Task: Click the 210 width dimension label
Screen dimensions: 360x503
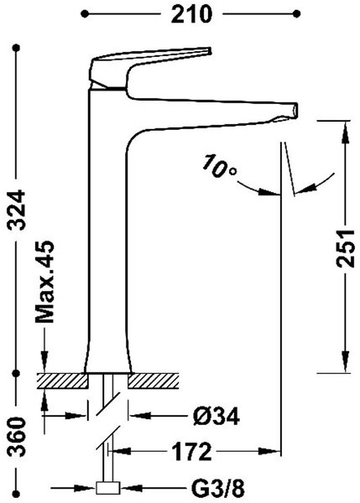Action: coord(191,14)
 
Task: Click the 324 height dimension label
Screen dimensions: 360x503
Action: coord(17,210)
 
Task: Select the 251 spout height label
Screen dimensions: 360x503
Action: coord(346,248)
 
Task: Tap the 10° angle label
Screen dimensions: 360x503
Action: coord(219,165)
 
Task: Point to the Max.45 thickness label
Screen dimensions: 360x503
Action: coord(44,282)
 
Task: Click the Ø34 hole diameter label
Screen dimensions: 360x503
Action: coord(217,417)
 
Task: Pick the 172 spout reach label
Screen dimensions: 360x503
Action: coord(191,451)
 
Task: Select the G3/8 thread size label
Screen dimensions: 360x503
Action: coord(218,489)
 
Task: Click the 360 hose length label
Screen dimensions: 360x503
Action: coord(17,437)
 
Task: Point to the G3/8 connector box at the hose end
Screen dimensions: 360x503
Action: coord(108,488)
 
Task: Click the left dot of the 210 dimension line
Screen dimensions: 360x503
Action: coord(85,13)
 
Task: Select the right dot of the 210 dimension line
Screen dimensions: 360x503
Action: coord(297,13)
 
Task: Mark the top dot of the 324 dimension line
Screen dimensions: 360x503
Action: coord(17,48)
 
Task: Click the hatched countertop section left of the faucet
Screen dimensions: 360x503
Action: coord(63,381)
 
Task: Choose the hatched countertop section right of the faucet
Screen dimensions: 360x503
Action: coord(154,381)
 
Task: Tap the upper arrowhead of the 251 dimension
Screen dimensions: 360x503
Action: coord(346,133)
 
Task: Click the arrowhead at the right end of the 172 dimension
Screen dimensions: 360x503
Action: coord(269,451)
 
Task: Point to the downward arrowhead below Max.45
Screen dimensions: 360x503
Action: coord(44,361)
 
